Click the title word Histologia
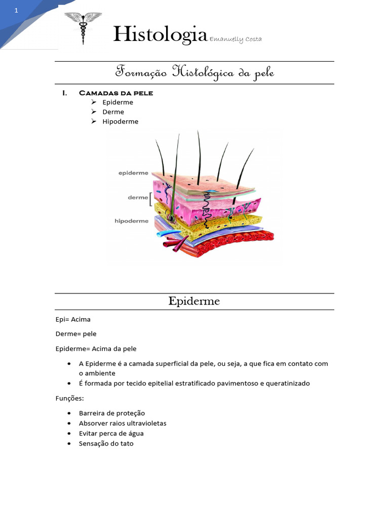(160, 34)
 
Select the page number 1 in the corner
(16, 11)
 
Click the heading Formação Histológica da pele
(194, 72)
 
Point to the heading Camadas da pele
(116, 93)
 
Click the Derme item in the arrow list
(113, 112)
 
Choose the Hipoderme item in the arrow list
(120, 121)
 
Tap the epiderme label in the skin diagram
(133, 173)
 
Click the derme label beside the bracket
(138, 197)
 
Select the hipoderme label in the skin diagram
(132, 221)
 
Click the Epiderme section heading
(194, 301)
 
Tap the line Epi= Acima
(73, 319)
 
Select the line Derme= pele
(76, 334)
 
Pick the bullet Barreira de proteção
(111, 413)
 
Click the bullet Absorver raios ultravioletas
(123, 423)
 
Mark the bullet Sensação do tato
(106, 444)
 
